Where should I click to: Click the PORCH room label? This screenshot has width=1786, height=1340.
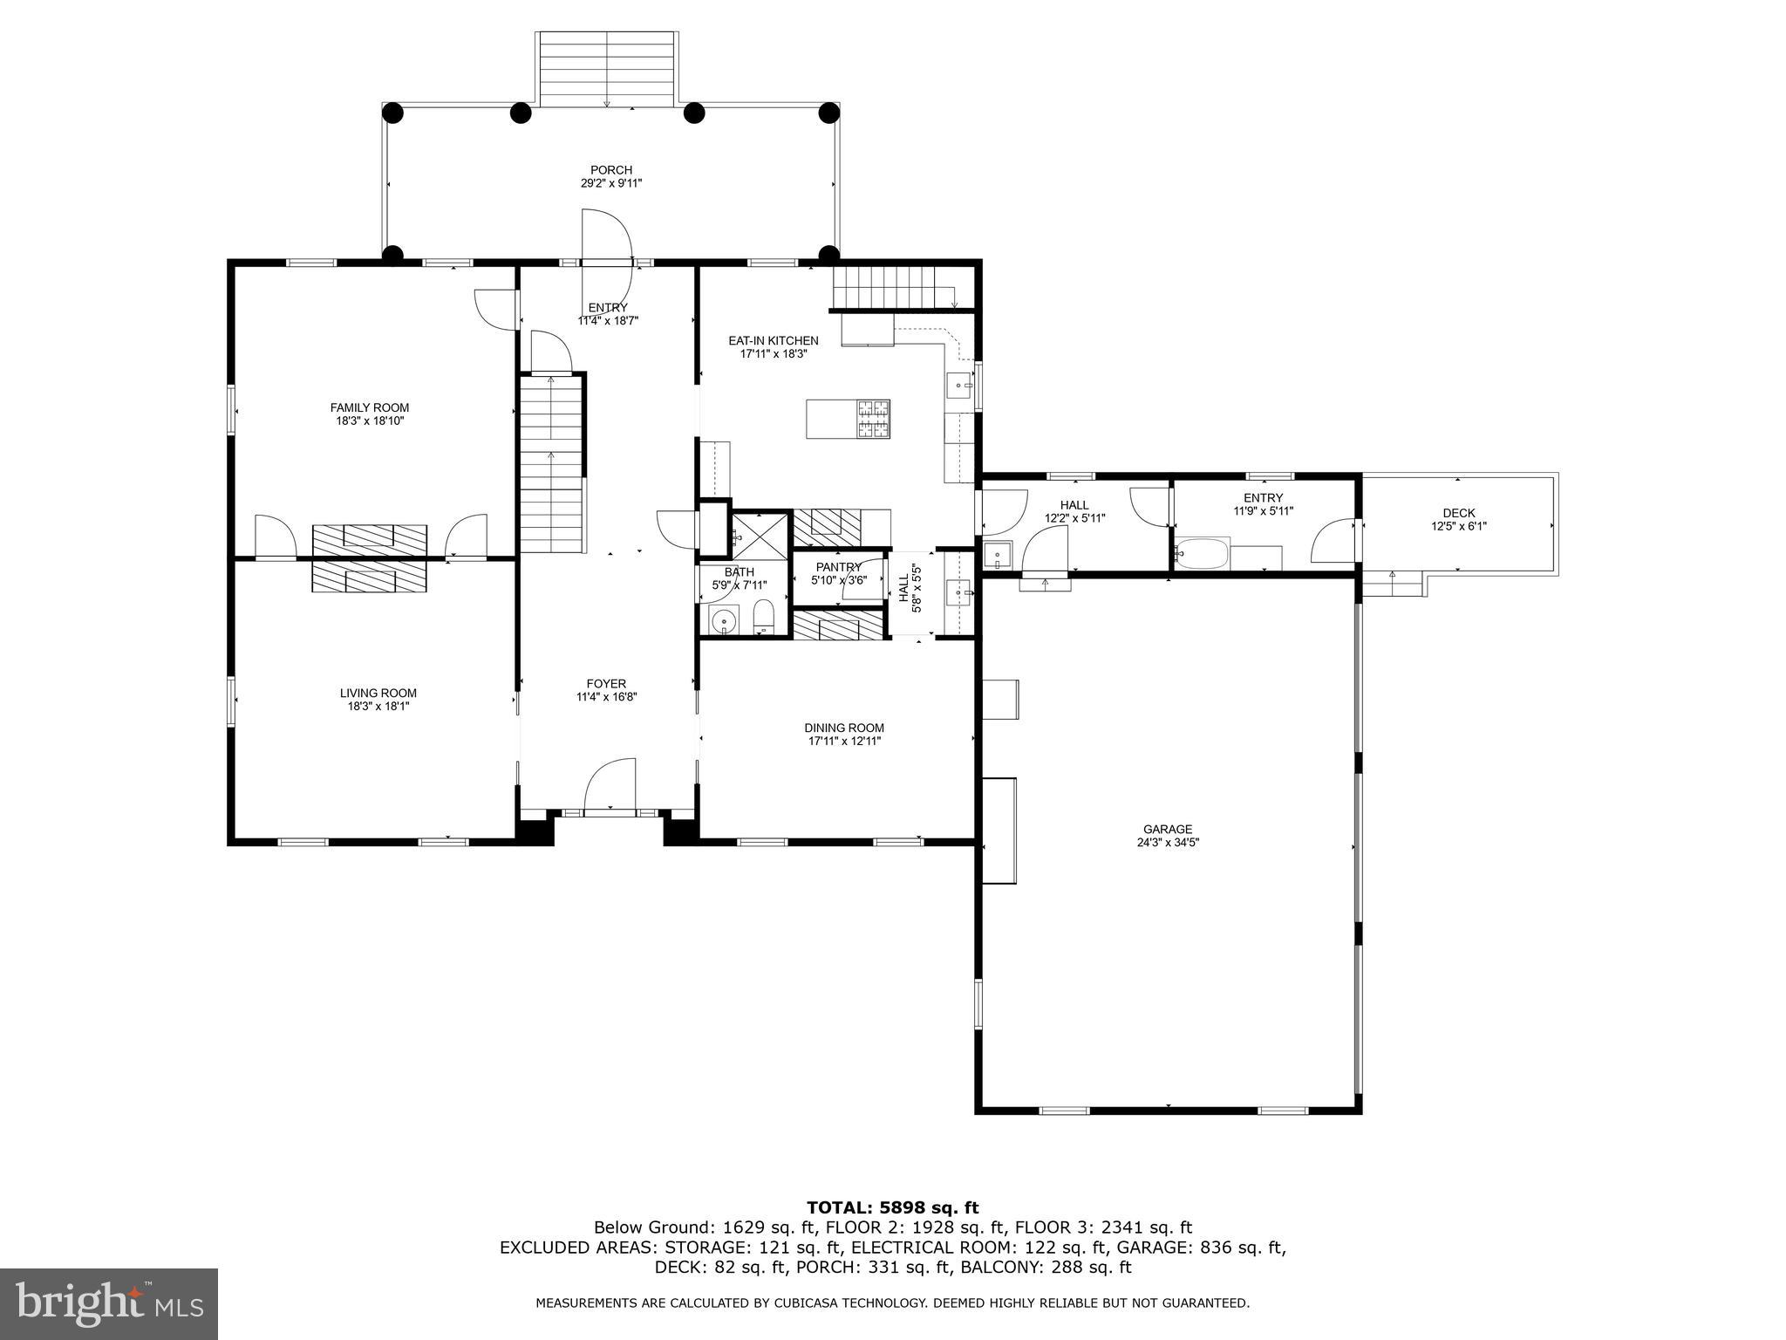click(610, 170)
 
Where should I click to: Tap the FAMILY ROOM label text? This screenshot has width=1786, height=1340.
click(369, 407)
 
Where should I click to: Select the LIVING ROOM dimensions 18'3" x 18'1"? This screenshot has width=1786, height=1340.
click(378, 707)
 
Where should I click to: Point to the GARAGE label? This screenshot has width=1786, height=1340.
click(1168, 830)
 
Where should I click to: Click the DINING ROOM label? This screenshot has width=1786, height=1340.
click(843, 728)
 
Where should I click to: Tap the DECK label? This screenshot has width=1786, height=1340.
click(1458, 513)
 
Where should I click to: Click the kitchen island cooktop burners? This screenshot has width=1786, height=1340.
click(873, 419)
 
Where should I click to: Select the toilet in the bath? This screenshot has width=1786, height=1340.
click(763, 617)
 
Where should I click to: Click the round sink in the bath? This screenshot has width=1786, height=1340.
click(723, 622)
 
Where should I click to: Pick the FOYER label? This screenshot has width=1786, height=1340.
click(605, 684)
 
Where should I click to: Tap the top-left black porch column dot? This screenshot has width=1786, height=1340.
click(392, 113)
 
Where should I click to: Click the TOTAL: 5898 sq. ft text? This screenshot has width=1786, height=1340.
click(892, 1208)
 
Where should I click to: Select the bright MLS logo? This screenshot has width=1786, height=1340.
click(109, 1304)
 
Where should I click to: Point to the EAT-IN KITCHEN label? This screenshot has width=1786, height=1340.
click(774, 341)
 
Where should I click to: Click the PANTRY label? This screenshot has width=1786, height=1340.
click(838, 567)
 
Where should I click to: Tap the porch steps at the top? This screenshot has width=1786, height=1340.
click(607, 69)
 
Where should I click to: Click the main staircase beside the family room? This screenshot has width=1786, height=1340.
click(551, 462)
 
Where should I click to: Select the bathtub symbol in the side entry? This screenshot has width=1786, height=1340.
click(1202, 554)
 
